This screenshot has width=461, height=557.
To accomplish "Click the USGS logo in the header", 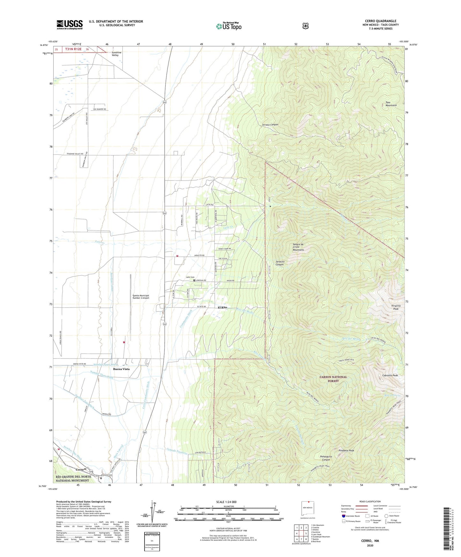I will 70,25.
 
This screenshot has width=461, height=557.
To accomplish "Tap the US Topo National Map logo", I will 228,26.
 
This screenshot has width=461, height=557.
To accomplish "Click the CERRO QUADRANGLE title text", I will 381,21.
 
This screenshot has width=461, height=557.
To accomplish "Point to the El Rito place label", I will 222,307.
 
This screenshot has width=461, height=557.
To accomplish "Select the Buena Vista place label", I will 121,369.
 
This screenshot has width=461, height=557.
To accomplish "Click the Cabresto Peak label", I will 390,375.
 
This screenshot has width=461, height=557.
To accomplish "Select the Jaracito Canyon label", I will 280,263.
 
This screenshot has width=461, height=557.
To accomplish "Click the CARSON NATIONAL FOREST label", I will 333,379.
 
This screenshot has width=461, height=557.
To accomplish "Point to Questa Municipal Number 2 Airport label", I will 141,297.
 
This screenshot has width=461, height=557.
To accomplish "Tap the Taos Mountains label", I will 391,104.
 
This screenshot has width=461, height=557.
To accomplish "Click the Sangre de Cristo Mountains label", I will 298,247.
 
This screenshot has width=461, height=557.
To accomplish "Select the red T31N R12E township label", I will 73,49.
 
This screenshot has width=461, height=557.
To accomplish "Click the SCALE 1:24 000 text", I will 226,502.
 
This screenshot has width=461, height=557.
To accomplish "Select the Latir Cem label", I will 190,277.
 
